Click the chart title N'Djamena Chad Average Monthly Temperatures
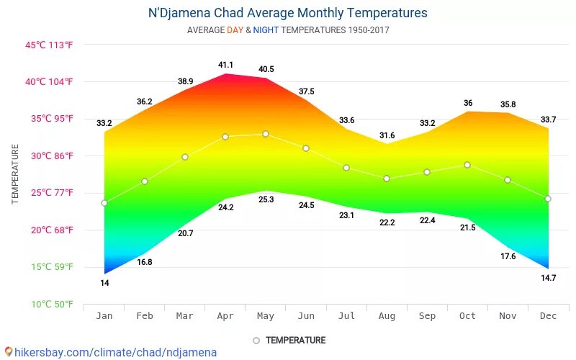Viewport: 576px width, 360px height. [x=287, y=13]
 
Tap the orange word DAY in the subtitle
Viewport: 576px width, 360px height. [x=235, y=30]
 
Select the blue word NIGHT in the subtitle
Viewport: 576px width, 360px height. [x=266, y=30]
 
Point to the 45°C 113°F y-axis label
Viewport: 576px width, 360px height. [x=49, y=45]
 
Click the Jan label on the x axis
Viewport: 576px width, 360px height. [x=104, y=315]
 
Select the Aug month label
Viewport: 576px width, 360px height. [x=387, y=315]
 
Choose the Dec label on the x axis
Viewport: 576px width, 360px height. [x=548, y=315]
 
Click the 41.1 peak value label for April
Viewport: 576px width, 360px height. [x=225, y=65]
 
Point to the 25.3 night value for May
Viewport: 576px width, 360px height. [x=266, y=199]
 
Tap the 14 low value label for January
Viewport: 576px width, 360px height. [x=104, y=283]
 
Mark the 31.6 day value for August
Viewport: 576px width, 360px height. [x=387, y=135]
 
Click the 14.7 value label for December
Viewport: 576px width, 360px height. [x=548, y=277]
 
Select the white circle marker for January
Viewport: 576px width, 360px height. [x=104, y=203]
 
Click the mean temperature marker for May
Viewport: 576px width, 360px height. [x=266, y=134]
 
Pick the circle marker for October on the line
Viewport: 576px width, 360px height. [x=467, y=165]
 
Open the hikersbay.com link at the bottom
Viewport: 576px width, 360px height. [x=115, y=352]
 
